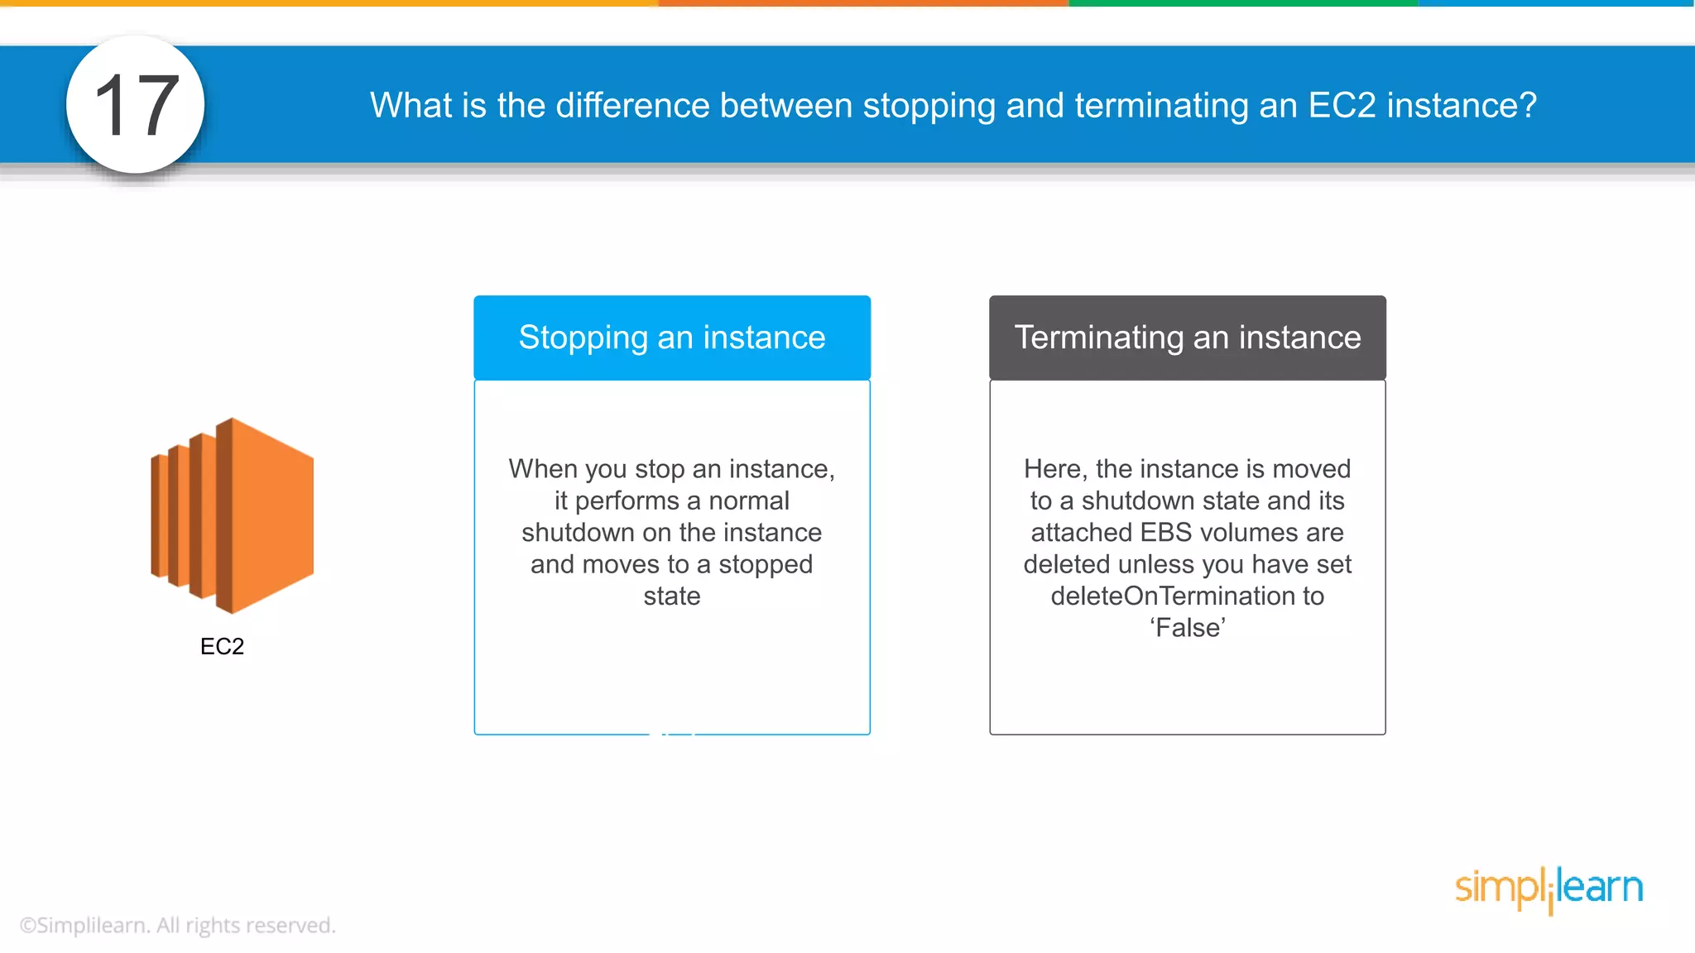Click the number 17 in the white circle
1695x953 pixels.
point(136,105)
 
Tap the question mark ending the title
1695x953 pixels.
point(1528,105)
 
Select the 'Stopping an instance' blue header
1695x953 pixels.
point(672,338)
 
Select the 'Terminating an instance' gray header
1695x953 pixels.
point(1188,338)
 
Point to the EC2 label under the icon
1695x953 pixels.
point(222,646)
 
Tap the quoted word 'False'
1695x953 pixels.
point(1188,628)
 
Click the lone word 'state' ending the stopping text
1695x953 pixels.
point(672,596)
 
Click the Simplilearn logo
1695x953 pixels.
point(1549,888)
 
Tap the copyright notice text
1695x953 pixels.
point(177,925)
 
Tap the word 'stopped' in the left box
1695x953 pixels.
point(766,564)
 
